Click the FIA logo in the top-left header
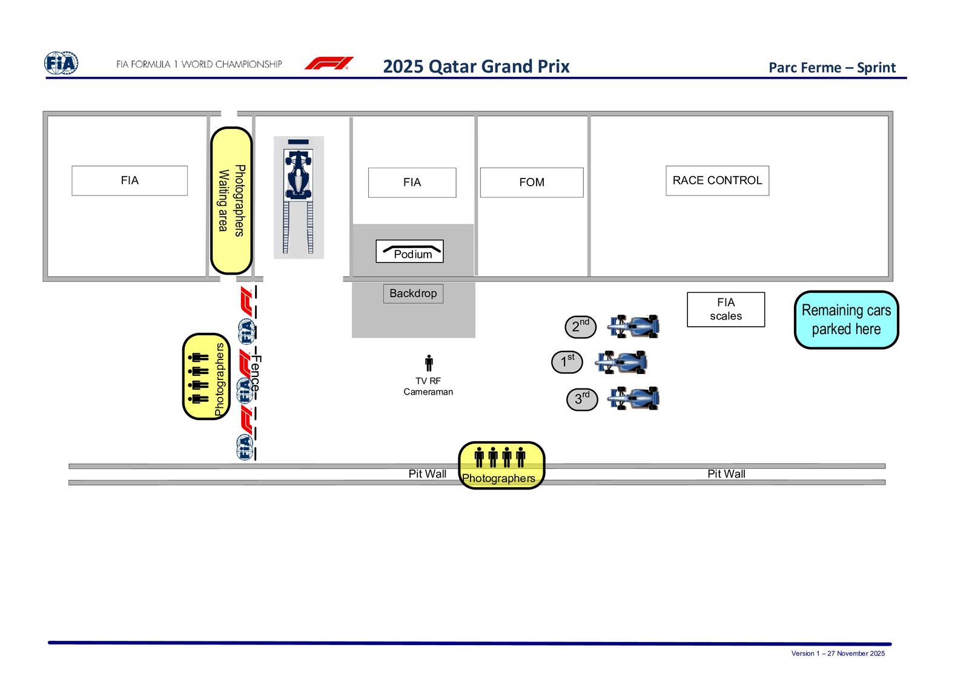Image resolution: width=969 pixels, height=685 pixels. click(61, 63)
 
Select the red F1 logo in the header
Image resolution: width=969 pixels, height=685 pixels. click(329, 64)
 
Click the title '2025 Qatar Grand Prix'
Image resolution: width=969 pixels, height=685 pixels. click(476, 66)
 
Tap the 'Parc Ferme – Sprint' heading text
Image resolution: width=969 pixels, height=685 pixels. click(832, 67)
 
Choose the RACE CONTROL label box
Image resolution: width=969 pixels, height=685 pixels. click(717, 180)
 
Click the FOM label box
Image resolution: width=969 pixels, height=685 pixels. click(531, 182)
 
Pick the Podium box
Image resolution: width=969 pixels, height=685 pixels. click(409, 251)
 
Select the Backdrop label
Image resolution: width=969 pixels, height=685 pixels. click(413, 293)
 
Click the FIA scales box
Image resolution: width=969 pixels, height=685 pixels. click(726, 309)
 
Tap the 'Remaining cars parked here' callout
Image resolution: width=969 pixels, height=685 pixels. click(845, 320)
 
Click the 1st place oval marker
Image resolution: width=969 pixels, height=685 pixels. click(567, 362)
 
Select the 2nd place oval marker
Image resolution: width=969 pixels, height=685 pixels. click(580, 327)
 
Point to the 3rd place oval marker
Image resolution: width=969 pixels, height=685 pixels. click(581, 399)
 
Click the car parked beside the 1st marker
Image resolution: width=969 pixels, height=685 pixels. click(621, 362)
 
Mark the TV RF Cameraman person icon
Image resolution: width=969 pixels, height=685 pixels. click(429, 363)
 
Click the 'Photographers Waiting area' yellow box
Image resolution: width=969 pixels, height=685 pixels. click(231, 200)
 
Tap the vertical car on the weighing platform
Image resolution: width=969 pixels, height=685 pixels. click(298, 173)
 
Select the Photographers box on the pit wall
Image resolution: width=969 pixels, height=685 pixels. click(501, 465)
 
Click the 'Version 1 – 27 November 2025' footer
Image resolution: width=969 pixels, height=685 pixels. click(838, 654)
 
